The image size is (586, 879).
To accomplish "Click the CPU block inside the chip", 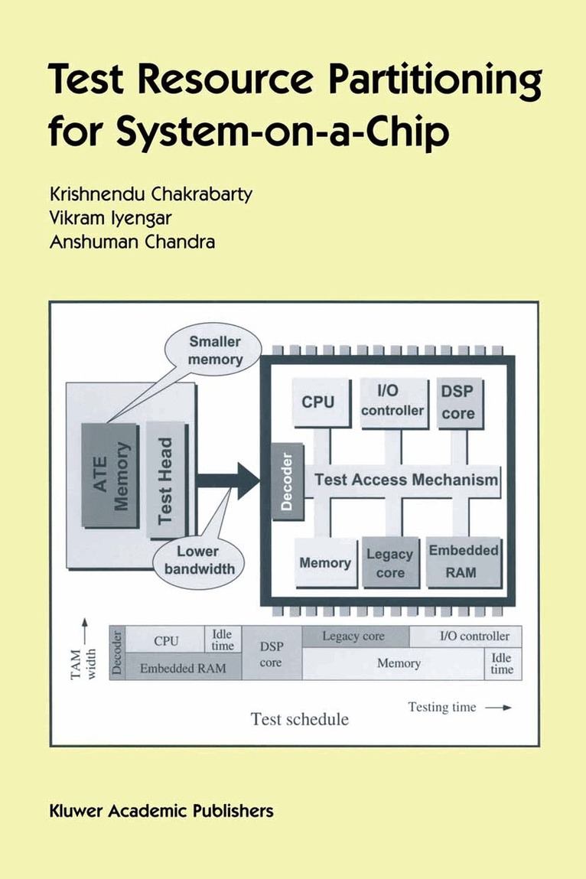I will (x=318, y=402).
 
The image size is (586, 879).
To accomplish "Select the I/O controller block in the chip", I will (x=392, y=401).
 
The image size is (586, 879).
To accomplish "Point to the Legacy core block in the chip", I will (x=389, y=563).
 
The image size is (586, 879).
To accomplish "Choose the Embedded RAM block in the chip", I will (x=464, y=562).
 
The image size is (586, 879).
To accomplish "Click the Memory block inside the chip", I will (x=324, y=563).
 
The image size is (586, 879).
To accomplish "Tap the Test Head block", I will (x=166, y=480).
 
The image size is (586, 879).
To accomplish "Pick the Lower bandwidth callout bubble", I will (x=197, y=560).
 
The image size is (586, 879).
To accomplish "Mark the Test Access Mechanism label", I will (x=406, y=480).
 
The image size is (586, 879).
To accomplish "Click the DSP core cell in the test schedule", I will (x=271, y=654).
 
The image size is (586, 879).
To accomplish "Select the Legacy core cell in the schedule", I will (x=355, y=636).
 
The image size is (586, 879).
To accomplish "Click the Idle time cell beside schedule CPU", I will (x=223, y=640).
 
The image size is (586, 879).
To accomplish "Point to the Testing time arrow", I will (x=498, y=708).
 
